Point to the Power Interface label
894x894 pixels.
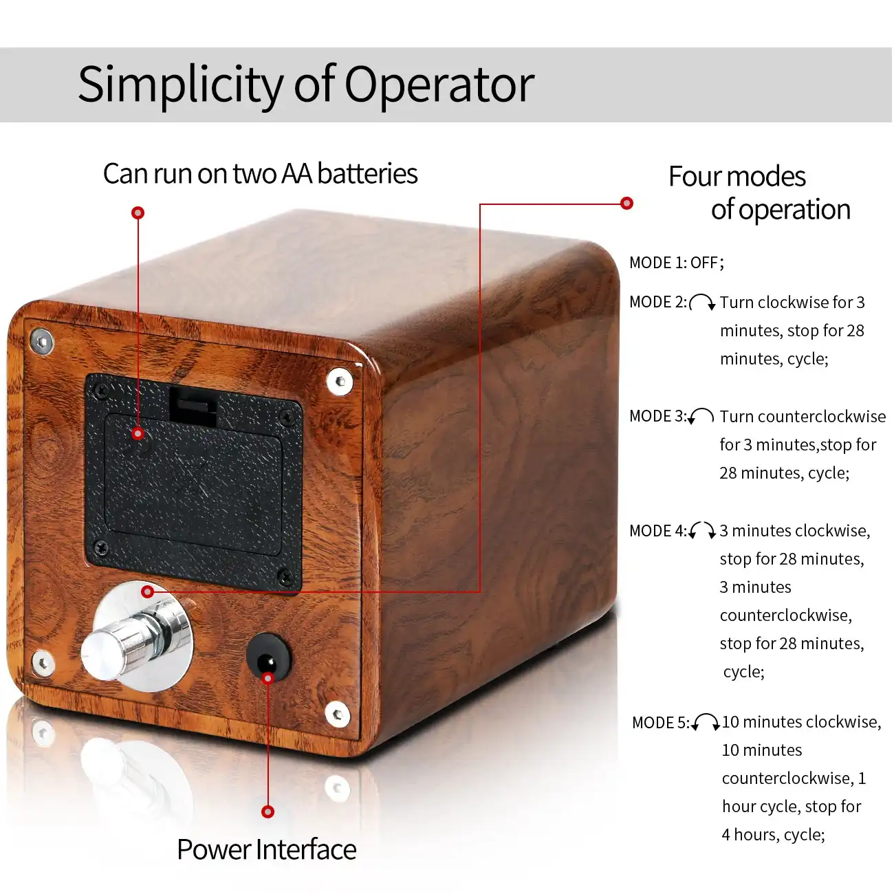click(266, 850)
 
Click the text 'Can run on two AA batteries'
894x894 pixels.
click(260, 174)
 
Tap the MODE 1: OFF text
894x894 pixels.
click(676, 263)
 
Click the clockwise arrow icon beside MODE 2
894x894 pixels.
click(702, 303)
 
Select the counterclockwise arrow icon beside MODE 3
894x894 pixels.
click(701, 416)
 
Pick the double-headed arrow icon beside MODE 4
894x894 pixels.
click(702, 530)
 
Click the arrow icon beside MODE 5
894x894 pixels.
click(706, 722)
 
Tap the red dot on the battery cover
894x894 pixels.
click(138, 433)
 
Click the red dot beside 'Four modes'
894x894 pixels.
click(626, 204)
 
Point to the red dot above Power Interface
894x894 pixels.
click(268, 812)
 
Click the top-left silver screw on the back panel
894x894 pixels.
click(41, 340)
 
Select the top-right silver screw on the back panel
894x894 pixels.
click(339, 381)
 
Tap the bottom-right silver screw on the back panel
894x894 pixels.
click(337, 715)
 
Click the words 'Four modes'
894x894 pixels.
click(737, 177)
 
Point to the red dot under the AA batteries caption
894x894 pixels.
click(138, 213)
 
